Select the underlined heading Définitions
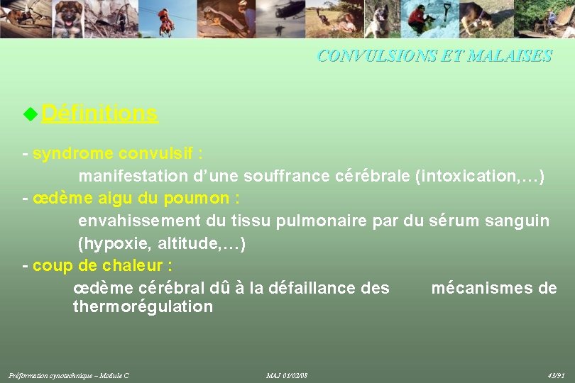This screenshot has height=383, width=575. point(99,113)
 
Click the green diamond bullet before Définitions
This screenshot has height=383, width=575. point(30,113)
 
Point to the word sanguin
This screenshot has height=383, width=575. point(517,221)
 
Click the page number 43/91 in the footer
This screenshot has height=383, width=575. point(556,375)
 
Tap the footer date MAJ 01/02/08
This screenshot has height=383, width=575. point(287,375)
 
